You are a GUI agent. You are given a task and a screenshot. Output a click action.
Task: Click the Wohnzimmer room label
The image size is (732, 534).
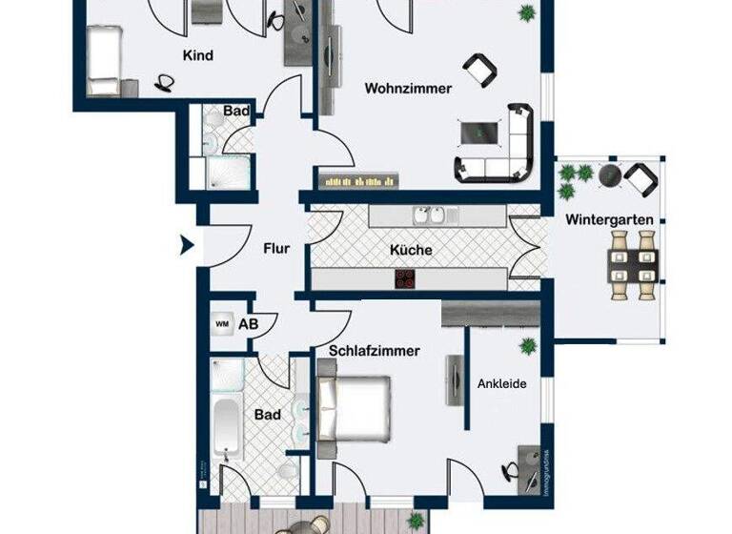click(408, 89)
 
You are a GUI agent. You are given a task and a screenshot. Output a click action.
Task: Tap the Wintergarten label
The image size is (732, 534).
click(609, 220)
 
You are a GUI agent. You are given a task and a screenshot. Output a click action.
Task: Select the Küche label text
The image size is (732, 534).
click(411, 251)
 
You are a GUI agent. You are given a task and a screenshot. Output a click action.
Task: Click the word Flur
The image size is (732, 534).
click(276, 250)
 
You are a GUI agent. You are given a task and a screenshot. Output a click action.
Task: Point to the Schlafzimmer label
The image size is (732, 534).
click(374, 351)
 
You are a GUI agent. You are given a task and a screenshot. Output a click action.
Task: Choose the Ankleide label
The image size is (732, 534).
click(501, 384)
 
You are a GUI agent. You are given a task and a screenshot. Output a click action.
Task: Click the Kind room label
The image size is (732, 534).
click(197, 55)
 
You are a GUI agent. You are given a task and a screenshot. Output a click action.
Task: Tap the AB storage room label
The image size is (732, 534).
click(249, 324)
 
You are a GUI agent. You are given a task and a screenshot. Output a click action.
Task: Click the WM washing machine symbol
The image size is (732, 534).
click(223, 324)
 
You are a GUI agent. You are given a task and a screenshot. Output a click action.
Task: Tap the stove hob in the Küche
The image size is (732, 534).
click(405, 279)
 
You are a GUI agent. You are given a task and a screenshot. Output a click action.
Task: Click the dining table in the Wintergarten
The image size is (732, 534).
click(633, 266)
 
